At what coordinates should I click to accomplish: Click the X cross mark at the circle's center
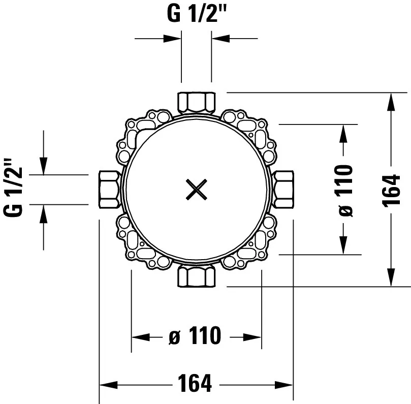pos(196,189)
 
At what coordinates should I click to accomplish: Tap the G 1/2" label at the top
pos(196,14)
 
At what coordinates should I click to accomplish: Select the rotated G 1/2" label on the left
pos(13,187)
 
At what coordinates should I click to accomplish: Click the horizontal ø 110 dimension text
pos(195,335)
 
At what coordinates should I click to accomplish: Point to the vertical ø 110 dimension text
pos(346,191)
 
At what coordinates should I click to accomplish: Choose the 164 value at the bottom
pos(195,383)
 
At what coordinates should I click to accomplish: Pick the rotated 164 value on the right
pos(392,190)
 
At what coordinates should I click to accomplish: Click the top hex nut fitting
pos(197,103)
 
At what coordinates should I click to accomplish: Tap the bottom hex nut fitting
pos(197,276)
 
